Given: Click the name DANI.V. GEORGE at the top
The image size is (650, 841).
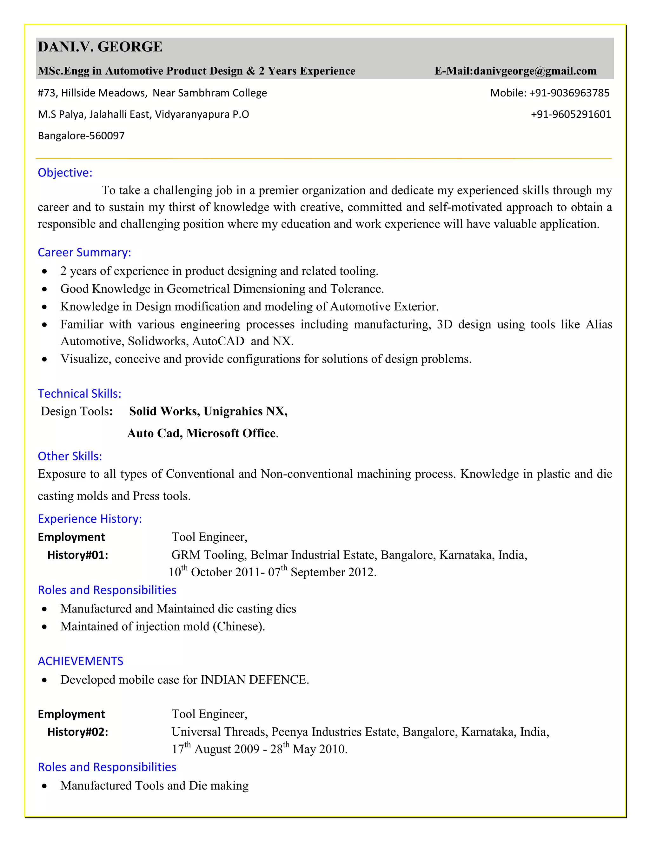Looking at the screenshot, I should coord(100,47).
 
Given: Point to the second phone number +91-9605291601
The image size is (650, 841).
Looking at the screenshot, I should coord(571,114).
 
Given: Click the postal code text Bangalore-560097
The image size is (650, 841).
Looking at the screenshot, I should coord(81,136).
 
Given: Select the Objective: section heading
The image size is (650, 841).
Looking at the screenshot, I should coord(65,173).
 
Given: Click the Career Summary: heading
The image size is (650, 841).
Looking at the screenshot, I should coord(84,252).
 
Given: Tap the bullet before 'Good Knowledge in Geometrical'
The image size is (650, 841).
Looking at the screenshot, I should coord(45,289).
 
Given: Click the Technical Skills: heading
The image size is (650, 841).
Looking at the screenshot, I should coord(79,394).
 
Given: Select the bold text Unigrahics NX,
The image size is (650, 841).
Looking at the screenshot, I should coord(245,411).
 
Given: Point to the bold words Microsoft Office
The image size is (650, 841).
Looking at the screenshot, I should coord(231,433).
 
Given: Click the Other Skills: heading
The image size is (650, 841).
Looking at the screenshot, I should coord(70,456).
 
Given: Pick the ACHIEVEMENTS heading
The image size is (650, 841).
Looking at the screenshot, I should coord(81,661).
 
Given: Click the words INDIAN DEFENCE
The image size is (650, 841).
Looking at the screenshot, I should coord(254,680).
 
